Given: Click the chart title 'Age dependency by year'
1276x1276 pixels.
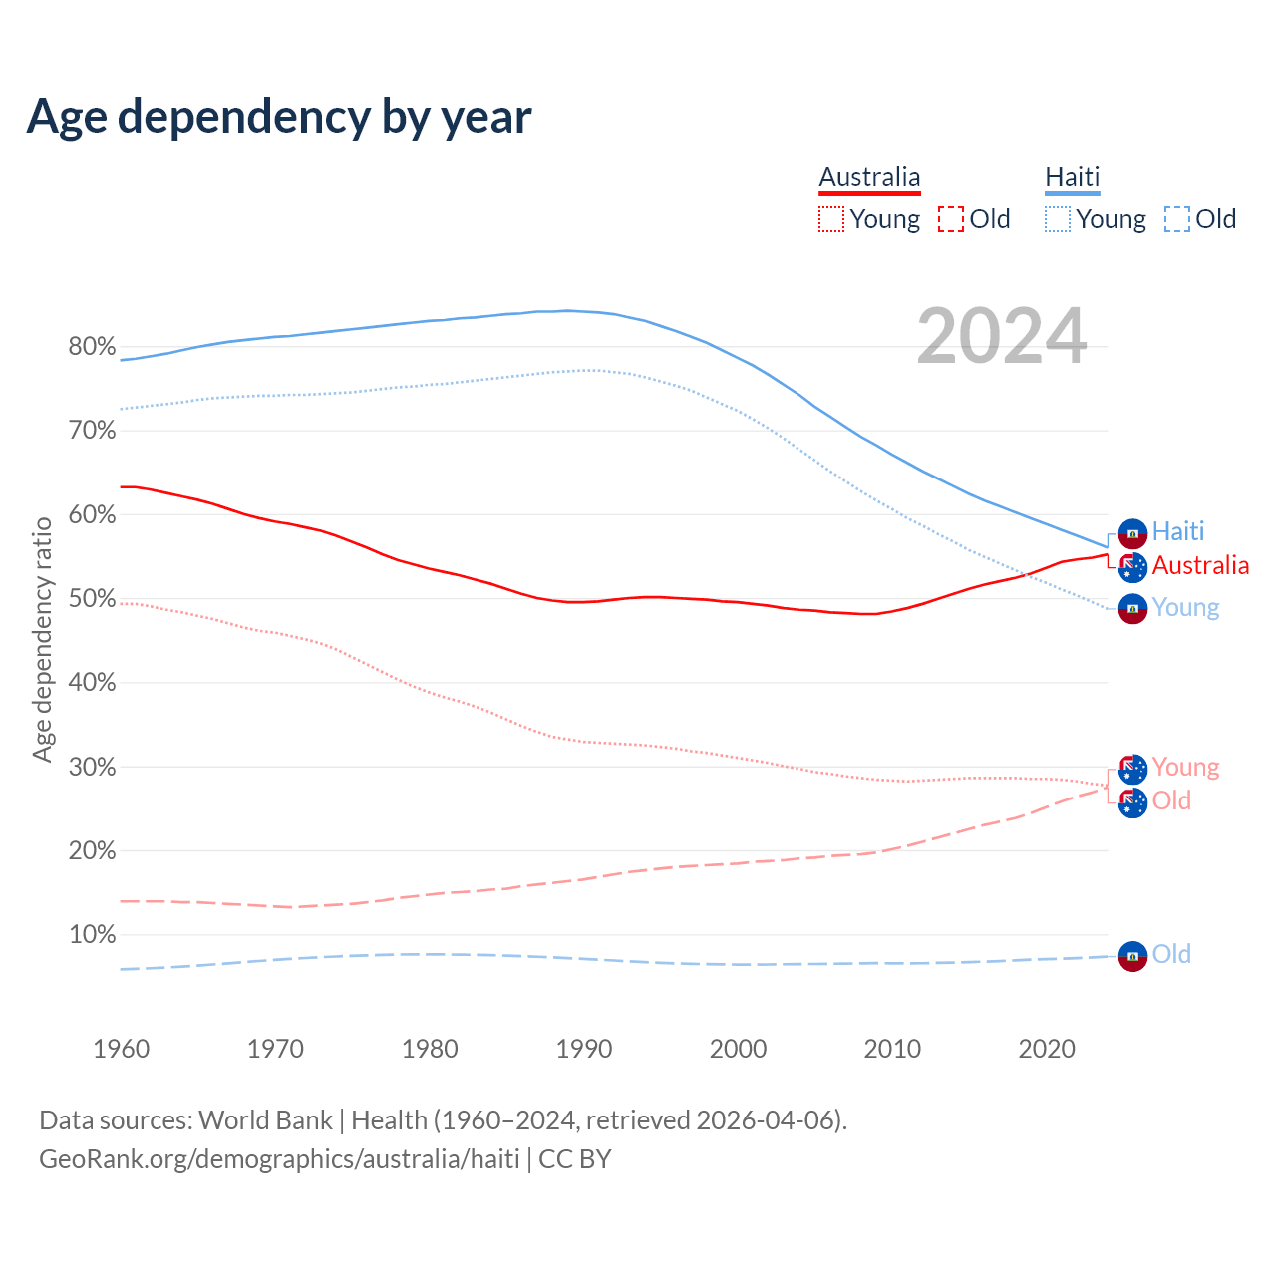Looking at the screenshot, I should click(x=279, y=117).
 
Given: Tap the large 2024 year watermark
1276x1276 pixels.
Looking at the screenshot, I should click(x=1001, y=337).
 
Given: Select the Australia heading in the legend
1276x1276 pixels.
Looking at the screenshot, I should click(x=869, y=177).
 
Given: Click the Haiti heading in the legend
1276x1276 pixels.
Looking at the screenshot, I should click(x=1072, y=177).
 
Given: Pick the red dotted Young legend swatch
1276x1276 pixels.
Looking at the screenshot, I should click(x=831, y=219).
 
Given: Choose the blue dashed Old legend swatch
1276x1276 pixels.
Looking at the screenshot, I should click(x=1177, y=219).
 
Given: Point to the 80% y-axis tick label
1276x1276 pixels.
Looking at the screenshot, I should click(x=92, y=347).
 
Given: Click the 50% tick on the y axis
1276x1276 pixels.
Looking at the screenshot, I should click(x=92, y=599).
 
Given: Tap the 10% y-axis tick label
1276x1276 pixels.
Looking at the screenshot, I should click(x=92, y=935).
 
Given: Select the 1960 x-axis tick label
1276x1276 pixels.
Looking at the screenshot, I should click(x=121, y=1049).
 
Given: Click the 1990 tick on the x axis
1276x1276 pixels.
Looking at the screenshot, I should click(x=584, y=1049).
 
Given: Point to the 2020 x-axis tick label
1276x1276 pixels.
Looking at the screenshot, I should click(x=1047, y=1049).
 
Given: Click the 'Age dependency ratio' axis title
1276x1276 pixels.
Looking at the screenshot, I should click(x=42, y=639).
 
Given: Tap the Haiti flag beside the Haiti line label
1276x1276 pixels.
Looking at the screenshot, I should click(x=1132, y=533).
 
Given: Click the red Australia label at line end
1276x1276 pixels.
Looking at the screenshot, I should click(x=1200, y=565).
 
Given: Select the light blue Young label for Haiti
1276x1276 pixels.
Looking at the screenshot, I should click(x=1185, y=607).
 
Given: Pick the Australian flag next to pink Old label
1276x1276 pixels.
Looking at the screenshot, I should click(x=1132, y=802).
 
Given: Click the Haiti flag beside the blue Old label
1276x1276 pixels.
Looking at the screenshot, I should click(x=1132, y=956).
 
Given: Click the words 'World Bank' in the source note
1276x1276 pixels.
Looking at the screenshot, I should click(x=265, y=1120).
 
